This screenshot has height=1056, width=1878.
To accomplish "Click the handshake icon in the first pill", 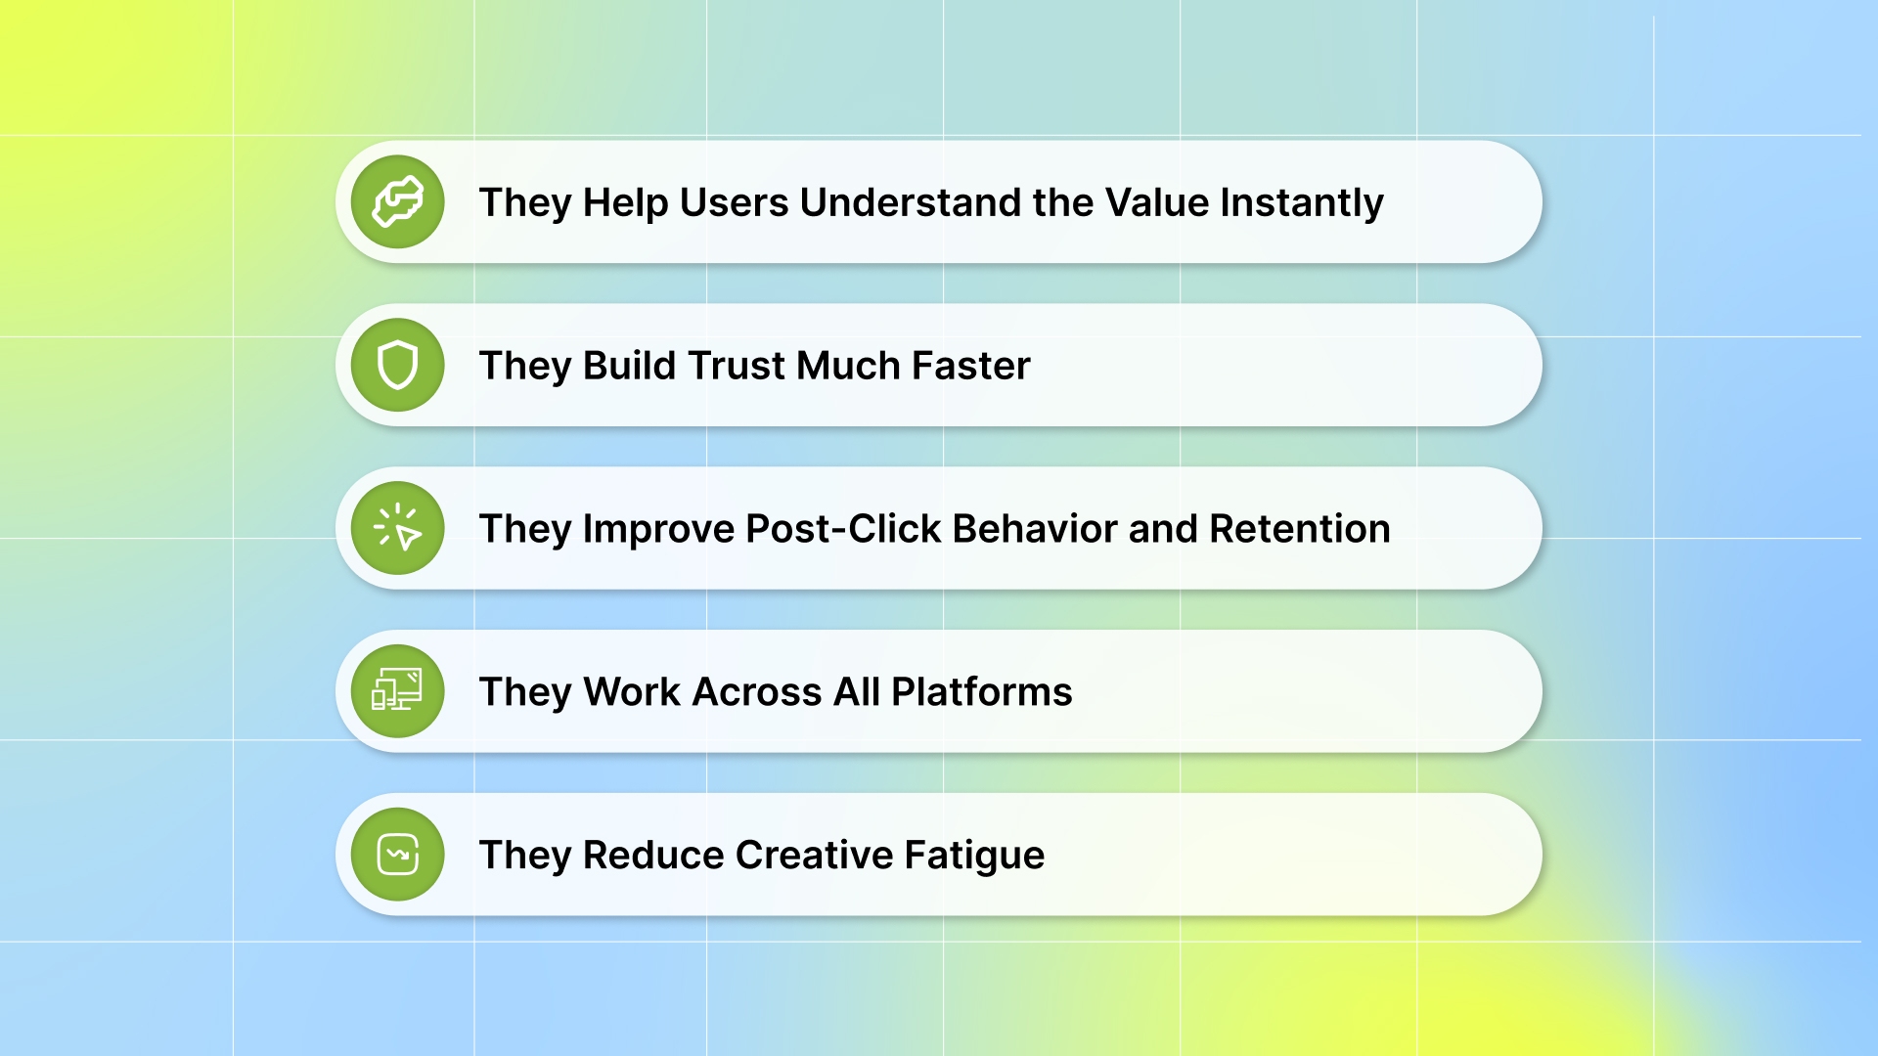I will (x=397, y=202).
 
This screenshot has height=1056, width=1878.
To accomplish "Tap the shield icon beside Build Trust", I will (x=397, y=366).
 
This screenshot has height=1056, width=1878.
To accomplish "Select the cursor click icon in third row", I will (x=397, y=528).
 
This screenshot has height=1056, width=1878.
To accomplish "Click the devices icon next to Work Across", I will (x=397, y=691).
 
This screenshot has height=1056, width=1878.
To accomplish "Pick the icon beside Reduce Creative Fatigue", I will (x=397, y=855).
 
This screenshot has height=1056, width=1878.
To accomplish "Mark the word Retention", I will (x=1299, y=529).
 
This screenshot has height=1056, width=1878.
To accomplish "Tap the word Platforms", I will (x=981, y=692).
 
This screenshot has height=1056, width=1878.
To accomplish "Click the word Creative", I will (x=814, y=856).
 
